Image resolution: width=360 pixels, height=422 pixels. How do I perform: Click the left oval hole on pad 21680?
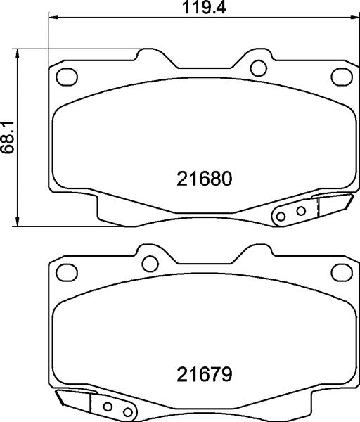pos(66,76)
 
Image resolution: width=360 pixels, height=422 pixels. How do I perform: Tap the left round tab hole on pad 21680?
pos(148,68)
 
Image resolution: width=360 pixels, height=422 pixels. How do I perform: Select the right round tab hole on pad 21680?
pos(258,68)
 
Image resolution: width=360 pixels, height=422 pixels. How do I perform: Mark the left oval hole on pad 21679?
pos(66,271)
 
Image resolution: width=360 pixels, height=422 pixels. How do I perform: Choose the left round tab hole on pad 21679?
pos(148,263)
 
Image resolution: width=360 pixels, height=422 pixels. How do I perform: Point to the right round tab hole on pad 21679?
pos(258,263)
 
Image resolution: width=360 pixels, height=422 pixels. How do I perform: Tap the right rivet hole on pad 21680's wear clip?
pos(300,210)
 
